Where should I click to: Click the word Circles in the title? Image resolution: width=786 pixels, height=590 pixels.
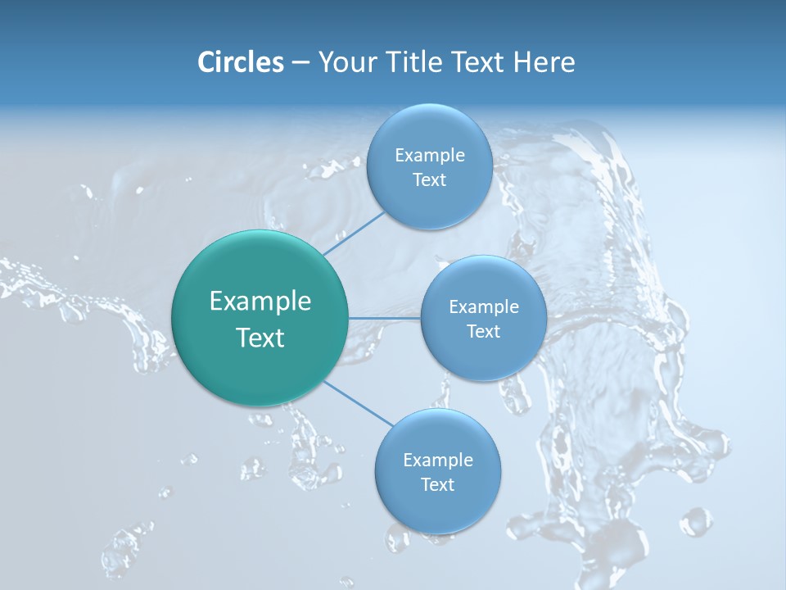click(240, 61)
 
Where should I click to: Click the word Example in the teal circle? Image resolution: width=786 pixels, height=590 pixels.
click(260, 302)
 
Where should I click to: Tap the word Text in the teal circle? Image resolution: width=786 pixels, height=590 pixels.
click(260, 338)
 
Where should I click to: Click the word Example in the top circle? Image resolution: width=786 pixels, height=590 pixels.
click(429, 156)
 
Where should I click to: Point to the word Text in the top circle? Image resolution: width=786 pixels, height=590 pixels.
click(429, 180)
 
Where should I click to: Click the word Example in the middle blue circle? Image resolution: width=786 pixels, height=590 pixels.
click(483, 307)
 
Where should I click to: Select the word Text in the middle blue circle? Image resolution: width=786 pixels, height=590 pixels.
click(483, 332)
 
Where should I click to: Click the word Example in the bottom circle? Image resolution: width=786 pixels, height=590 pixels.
click(437, 461)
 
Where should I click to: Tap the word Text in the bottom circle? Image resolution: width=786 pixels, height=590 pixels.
click(437, 485)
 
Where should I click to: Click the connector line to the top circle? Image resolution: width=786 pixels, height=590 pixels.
click(355, 234)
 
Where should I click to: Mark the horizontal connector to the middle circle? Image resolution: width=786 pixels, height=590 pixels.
click(385, 318)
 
